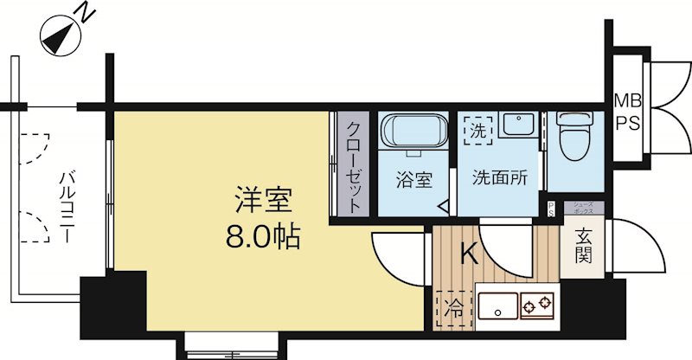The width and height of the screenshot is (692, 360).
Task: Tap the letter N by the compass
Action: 84,11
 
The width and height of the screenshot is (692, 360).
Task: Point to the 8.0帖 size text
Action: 263,236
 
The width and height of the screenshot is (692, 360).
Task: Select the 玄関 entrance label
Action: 582,247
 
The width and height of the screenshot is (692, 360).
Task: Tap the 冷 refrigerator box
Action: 454,307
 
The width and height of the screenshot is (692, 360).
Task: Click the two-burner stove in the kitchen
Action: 535,305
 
